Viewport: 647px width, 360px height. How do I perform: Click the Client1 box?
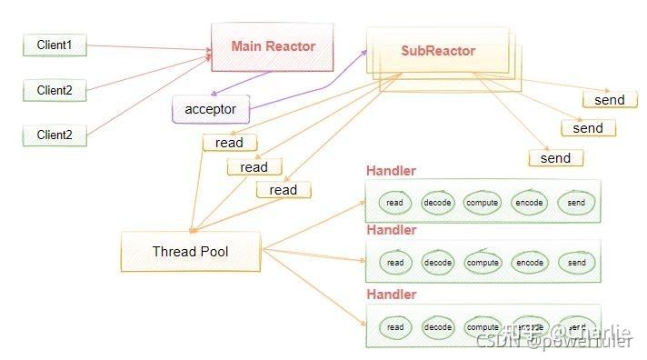click(x=55, y=45)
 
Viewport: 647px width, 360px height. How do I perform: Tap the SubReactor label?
click(x=438, y=51)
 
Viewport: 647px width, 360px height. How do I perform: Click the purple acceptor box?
click(x=210, y=109)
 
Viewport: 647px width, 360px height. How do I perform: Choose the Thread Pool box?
click(x=189, y=251)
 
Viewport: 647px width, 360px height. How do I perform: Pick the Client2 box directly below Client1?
click(x=55, y=90)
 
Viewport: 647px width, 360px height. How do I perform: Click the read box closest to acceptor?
click(x=229, y=143)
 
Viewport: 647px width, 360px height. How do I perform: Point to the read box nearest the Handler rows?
click(x=283, y=190)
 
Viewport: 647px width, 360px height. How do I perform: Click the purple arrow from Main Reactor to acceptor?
click(x=241, y=85)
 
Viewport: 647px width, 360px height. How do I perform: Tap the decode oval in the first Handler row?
click(x=438, y=203)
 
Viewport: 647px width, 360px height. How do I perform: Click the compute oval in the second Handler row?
click(x=483, y=263)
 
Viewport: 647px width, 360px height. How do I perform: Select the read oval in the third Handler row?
click(x=395, y=327)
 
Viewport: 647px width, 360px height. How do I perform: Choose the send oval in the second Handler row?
click(x=576, y=263)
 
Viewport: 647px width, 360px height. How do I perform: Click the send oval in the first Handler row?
click(x=576, y=203)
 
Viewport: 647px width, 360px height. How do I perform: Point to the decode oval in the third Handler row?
click(x=438, y=327)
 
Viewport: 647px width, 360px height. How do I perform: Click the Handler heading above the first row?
click(x=391, y=171)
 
